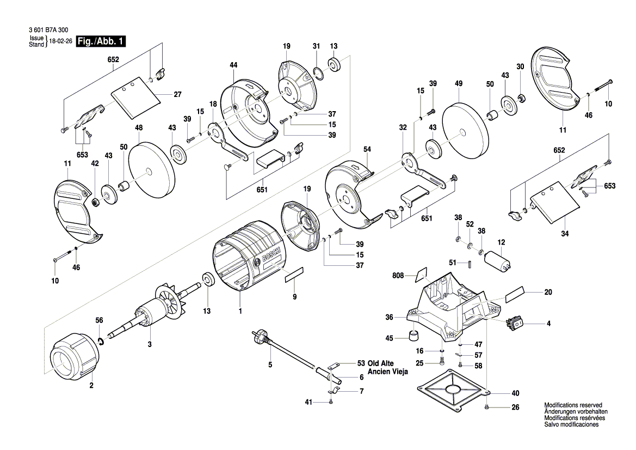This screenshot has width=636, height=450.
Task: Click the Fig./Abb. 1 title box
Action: coord(101,41)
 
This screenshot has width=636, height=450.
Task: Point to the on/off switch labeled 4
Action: coord(515,323)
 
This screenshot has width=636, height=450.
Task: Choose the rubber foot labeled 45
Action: coord(415,334)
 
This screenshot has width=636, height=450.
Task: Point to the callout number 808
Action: coord(398,276)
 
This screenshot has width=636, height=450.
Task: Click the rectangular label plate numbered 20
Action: coord(515,295)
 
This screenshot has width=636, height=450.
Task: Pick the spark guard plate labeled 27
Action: coord(136,100)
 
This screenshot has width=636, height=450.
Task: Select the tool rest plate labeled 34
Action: coord(554,203)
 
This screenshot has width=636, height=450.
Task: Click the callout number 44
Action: coord(233,65)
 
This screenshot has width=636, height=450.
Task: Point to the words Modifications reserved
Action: coord(573,405)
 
